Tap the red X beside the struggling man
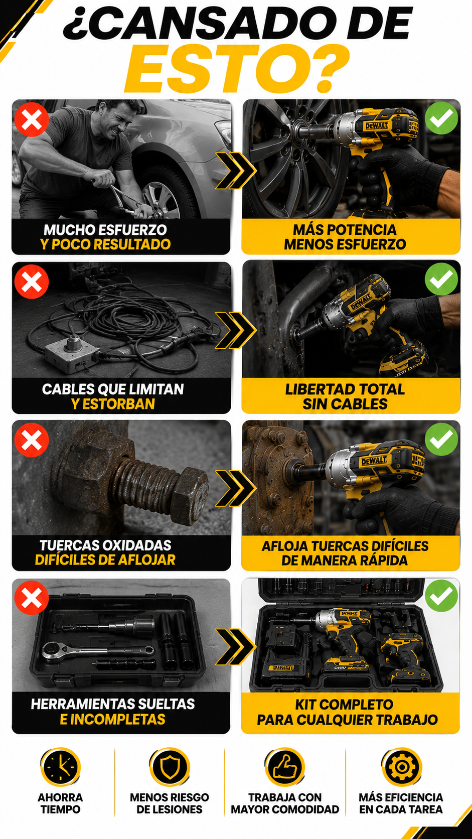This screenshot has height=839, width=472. coord(32,119)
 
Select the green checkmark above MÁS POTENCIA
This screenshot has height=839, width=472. coord(441,117)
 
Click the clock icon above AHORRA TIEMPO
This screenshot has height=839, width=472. coord(60,767)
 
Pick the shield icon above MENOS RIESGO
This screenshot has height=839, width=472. coord(170,767)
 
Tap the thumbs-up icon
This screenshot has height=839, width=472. coord(285,767)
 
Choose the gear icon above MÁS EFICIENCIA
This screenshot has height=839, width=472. coord(401,767)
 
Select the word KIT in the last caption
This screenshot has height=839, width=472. coord(304,705)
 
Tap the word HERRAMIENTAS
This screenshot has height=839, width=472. coord(78,704)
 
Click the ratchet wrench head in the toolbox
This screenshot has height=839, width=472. coord(52,651)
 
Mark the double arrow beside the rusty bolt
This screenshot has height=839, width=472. coord(236,488)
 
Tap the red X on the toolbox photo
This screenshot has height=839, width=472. coord(32,598)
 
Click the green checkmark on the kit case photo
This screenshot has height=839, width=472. coord(441,596)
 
